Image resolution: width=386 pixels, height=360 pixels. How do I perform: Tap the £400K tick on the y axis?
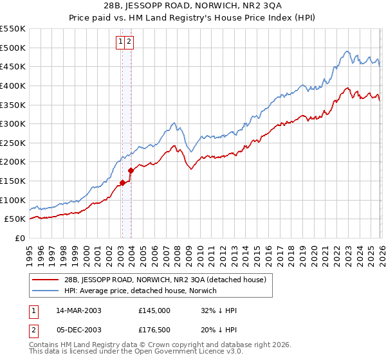(x=12, y=85)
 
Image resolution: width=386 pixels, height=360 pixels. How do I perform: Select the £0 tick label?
(x=19, y=238)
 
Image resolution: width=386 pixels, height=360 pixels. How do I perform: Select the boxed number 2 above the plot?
(x=129, y=42)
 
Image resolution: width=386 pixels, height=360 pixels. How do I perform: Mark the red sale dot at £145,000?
(x=122, y=183)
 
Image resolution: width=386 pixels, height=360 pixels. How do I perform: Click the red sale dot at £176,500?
(x=131, y=171)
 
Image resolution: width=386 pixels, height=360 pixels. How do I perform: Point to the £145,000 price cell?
(x=154, y=310)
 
